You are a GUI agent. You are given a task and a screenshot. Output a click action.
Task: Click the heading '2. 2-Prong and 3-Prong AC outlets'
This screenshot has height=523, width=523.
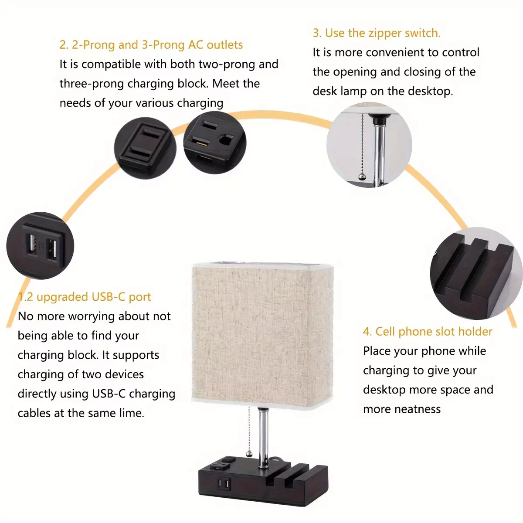[x=151, y=45]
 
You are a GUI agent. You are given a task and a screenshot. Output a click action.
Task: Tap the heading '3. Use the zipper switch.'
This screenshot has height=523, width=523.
[x=377, y=33]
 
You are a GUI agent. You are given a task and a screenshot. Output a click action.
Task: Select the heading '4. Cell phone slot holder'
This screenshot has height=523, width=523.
[x=428, y=331]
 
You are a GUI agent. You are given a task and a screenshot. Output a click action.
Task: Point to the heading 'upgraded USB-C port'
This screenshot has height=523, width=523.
[x=94, y=297]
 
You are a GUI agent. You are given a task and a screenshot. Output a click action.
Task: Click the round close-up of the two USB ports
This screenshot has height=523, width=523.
[x=41, y=246]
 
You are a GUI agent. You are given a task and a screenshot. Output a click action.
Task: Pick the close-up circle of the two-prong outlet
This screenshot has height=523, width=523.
[x=145, y=148]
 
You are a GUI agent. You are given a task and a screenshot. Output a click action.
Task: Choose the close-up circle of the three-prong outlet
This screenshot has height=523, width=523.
[x=215, y=143]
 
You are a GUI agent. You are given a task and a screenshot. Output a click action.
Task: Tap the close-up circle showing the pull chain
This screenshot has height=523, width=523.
[x=369, y=145]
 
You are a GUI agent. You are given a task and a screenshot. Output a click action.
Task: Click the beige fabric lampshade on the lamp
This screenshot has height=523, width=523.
[x=262, y=336]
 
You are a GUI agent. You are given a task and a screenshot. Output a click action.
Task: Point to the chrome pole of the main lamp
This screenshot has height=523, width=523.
[x=262, y=438]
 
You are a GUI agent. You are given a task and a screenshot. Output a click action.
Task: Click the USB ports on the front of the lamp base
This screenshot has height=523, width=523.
[x=224, y=484]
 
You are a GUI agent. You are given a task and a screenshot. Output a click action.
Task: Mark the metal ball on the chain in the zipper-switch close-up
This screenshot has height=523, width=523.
[x=362, y=177]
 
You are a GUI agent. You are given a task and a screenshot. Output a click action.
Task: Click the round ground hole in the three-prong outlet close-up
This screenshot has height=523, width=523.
[x=227, y=140]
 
